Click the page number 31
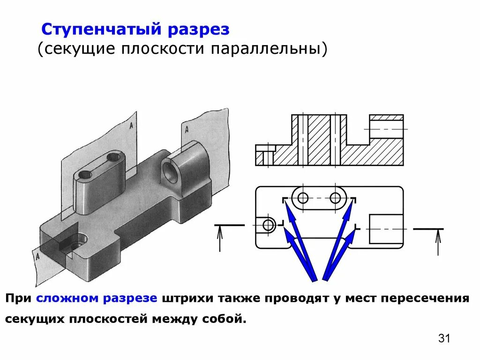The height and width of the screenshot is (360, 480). click(x=444, y=338)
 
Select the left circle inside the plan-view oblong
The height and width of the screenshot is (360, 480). click(x=303, y=198)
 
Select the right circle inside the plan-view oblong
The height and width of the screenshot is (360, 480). click(x=335, y=198)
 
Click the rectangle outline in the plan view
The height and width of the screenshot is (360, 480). click(x=386, y=229)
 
